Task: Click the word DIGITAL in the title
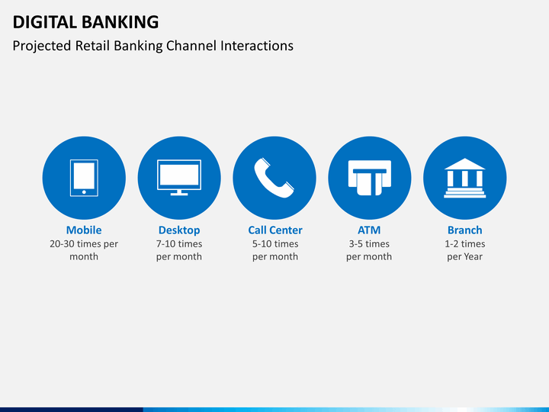(44, 22)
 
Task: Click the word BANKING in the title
(120, 22)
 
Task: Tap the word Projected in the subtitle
(42, 47)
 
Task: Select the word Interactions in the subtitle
(257, 46)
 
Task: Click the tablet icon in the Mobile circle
(84, 178)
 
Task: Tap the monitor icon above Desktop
(179, 177)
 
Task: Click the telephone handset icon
(274, 178)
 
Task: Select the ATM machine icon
(369, 178)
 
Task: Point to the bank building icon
(464, 178)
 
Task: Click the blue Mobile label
(84, 230)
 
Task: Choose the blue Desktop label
(179, 230)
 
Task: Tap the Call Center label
(275, 230)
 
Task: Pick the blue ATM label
(369, 230)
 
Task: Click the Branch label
(465, 230)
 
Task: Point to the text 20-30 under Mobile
(62, 244)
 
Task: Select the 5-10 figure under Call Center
(262, 244)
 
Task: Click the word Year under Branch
(474, 257)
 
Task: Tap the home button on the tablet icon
(84, 192)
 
